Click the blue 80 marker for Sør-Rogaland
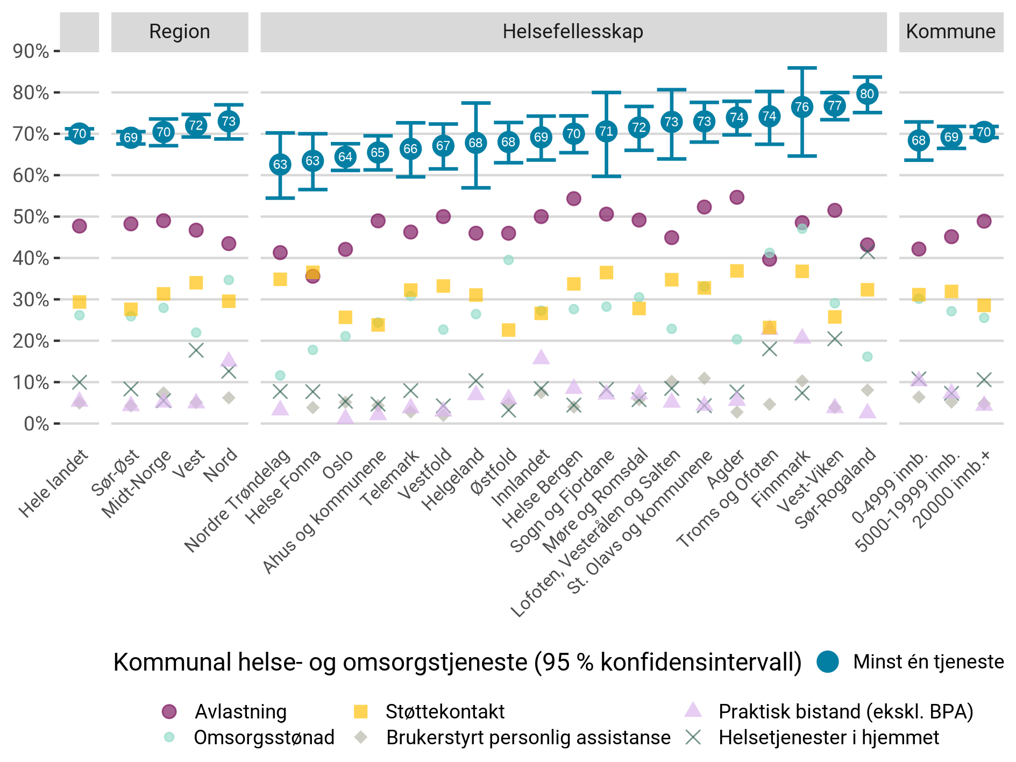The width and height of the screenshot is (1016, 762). (x=867, y=94)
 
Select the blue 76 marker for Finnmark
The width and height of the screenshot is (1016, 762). (x=802, y=107)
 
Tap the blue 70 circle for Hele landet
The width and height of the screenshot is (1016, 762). (x=79, y=133)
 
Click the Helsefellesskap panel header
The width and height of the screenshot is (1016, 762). (x=573, y=32)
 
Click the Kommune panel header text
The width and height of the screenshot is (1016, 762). (x=950, y=32)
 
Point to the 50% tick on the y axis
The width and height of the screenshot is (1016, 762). (x=56, y=217)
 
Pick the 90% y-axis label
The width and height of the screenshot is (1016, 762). (x=31, y=52)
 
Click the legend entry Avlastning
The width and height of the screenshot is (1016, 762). (x=240, y=711)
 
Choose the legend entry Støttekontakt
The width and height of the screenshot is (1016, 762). (x=445, y=711)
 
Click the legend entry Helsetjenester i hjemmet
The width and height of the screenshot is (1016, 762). (x=829, y=737)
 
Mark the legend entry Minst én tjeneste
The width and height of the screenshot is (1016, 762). (x=928, y=661)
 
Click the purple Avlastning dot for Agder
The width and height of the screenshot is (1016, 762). (x=737, y=197)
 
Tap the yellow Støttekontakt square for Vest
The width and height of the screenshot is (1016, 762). (x=196, y=282)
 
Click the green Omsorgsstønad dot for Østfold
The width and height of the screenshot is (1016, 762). (x=508, y=260)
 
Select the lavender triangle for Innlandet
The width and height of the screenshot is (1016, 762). (x=541, y=357)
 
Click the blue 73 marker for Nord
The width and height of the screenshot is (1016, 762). (x=229, y=122)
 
